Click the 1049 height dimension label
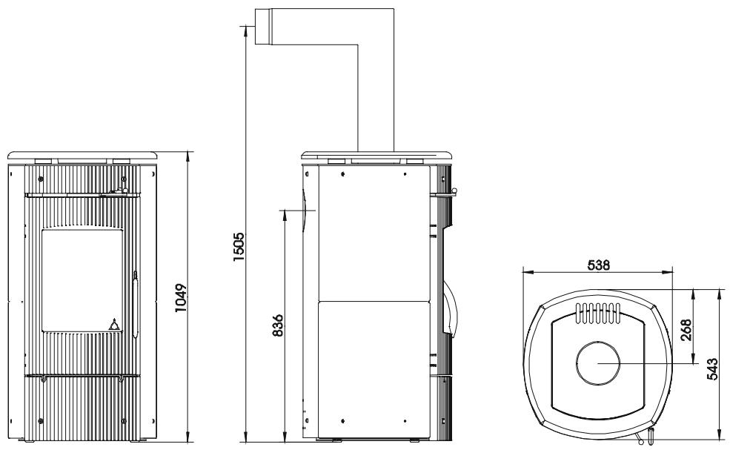[181, 297]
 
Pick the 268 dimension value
[686, 327]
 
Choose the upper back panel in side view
[373, 231]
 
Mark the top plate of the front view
[83, 155]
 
